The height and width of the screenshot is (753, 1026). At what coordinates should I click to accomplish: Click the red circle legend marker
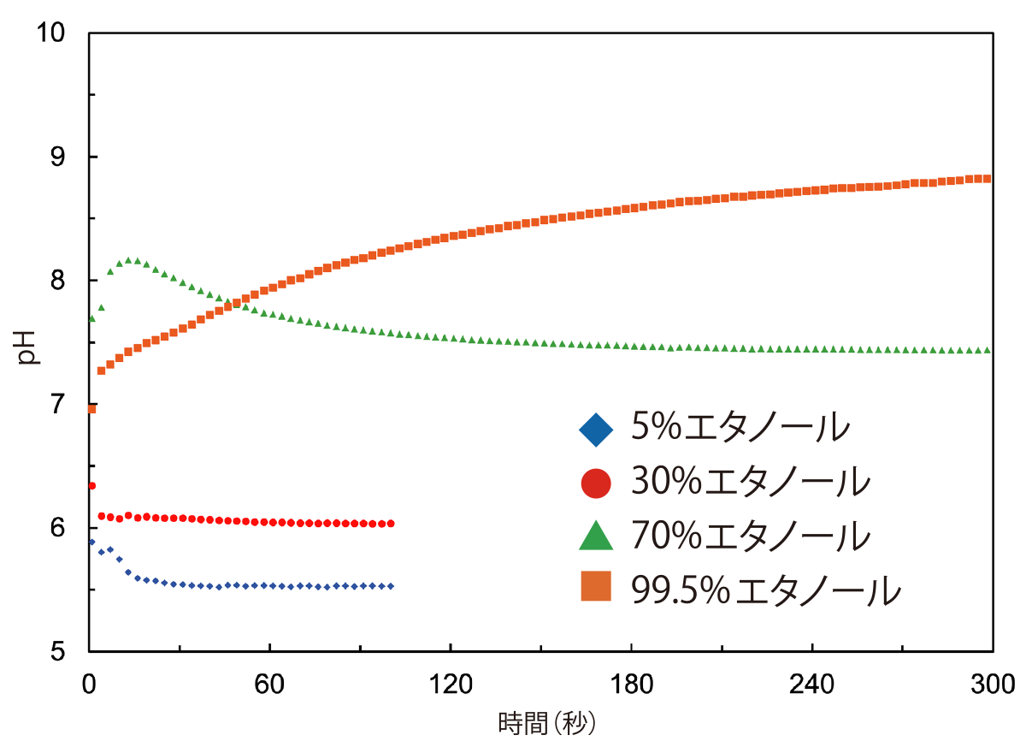(x=596, y=483)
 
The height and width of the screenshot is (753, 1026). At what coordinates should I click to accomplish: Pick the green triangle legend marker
(x=596, y=537)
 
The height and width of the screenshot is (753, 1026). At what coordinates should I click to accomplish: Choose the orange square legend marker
(x=596, y=589)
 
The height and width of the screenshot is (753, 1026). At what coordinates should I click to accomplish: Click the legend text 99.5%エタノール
(x=766, y=590)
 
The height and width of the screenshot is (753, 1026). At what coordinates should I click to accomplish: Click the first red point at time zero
(x=91, y=486)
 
